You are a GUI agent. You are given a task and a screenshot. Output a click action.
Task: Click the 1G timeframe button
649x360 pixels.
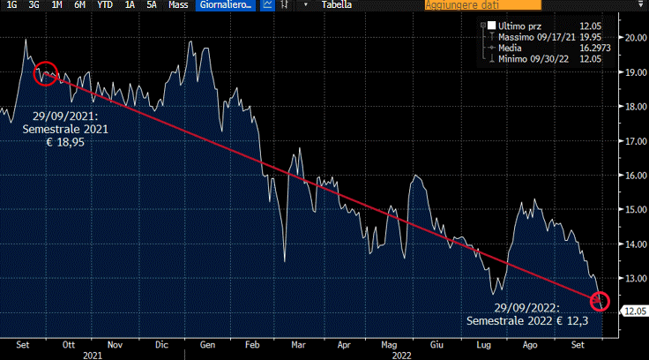click(11, 5)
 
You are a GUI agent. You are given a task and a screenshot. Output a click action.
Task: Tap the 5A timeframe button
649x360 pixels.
click(152, 5)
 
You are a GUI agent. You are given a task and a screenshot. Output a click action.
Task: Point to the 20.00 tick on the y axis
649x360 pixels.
click(635, 38)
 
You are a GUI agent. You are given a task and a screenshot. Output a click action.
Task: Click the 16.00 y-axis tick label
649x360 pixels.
click(635, 175)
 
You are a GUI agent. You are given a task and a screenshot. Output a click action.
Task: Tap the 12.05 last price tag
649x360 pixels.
click(635, 311)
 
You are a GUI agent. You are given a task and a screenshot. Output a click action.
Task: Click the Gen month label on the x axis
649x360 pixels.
click(208, 345)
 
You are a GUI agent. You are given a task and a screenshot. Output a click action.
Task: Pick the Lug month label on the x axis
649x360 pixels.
click(483, 345)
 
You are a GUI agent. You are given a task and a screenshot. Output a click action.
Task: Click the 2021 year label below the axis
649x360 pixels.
click(93, 355)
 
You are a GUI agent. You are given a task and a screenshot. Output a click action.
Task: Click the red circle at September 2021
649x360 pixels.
click(46, 72)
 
